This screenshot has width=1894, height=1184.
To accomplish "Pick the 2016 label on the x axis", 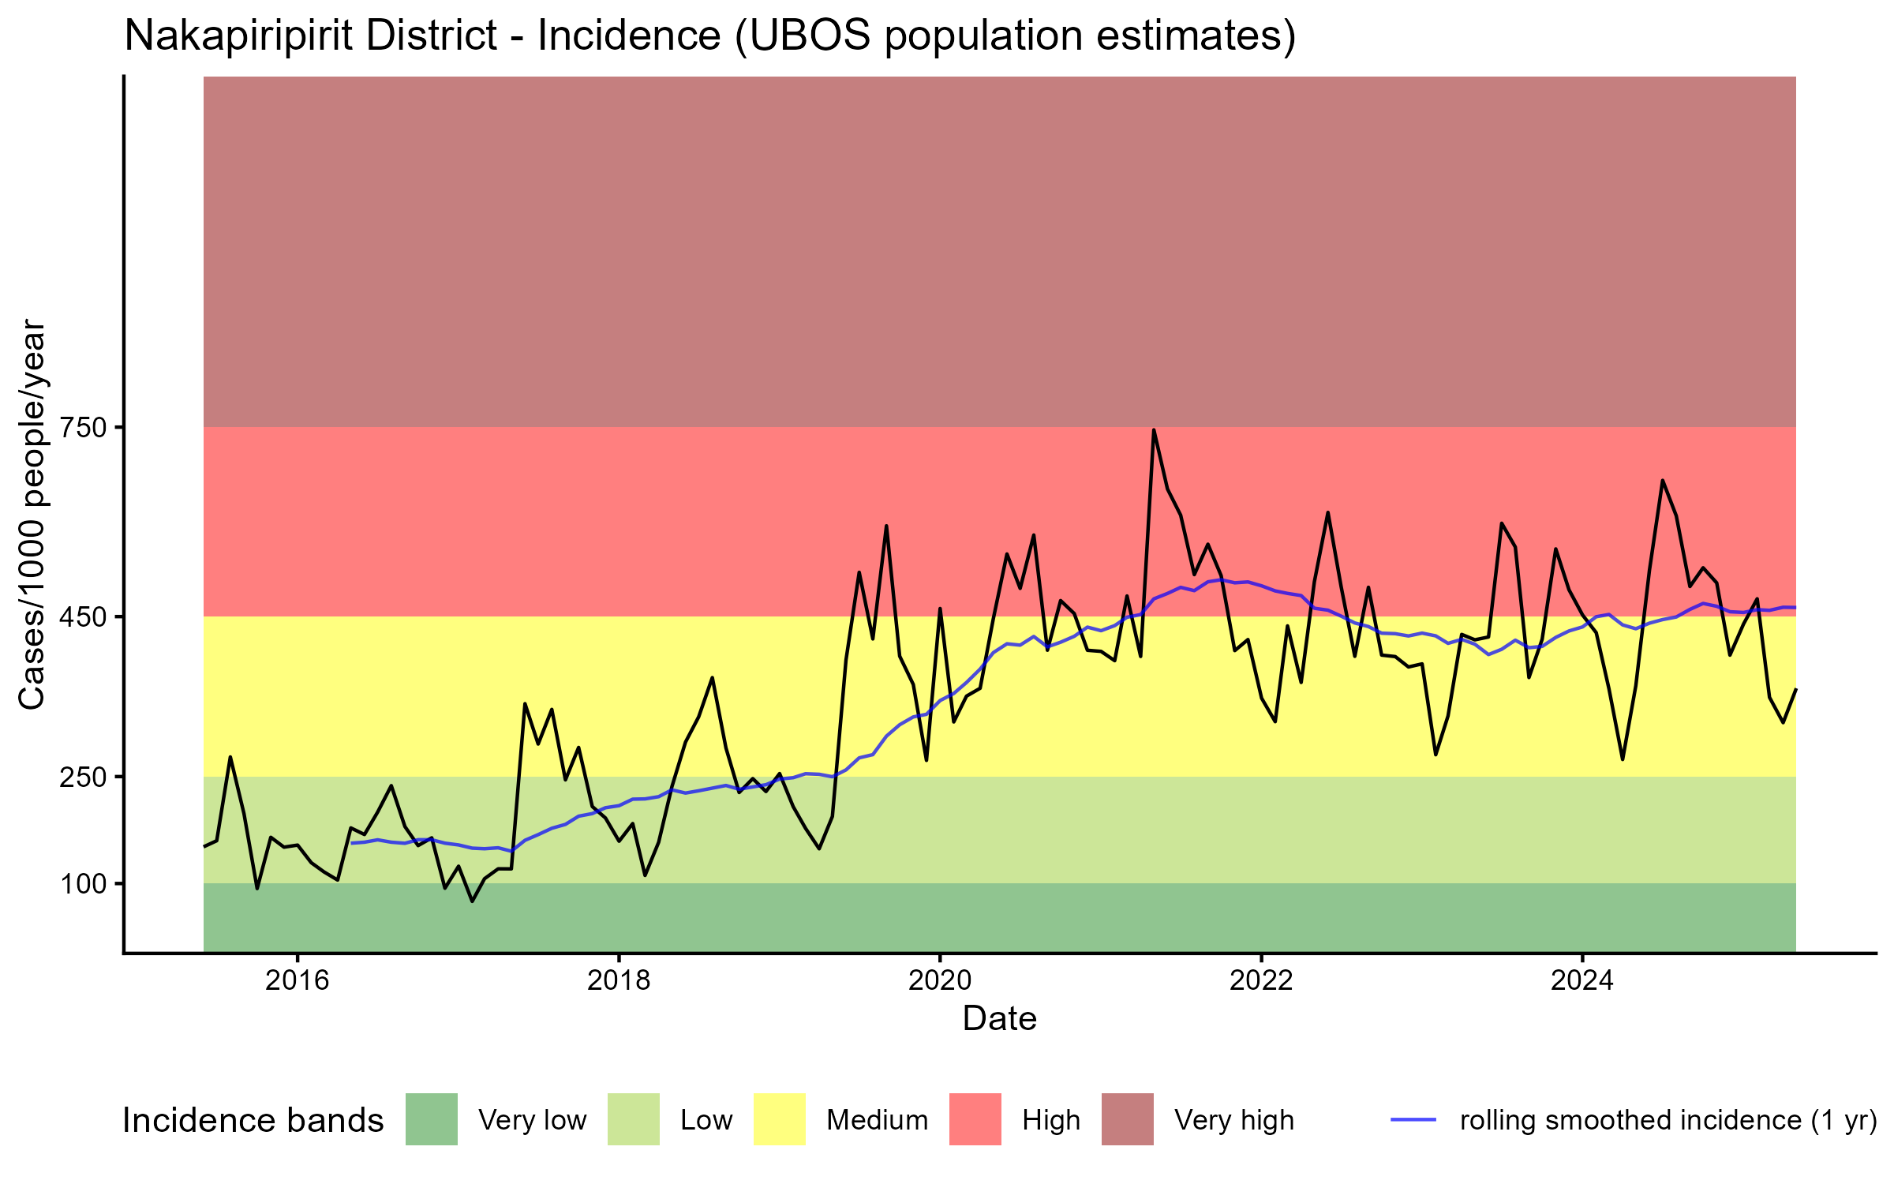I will (x=297, y=980).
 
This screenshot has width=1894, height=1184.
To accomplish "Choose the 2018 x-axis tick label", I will (x=619, y=980).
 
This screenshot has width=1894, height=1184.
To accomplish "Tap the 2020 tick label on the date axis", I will (x=940, y=980).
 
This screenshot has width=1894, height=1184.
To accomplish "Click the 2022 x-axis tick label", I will (x=1261, y=980).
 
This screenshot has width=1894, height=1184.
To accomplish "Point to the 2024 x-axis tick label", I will (x=1582, y=980).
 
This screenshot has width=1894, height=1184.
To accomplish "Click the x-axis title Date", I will (x=999, y=1019).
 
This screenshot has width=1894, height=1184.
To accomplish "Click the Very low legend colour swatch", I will (x=431, y=1119).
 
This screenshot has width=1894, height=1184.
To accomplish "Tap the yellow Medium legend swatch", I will (x=780, y=1119).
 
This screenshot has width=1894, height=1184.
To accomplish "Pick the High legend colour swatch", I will (x=975, y=1119).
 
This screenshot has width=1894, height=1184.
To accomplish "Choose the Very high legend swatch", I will (x=1127, y=1119).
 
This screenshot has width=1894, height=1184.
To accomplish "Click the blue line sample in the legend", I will (x=1413, y=1119).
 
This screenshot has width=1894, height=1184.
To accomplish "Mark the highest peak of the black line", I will (x=1154, y=430).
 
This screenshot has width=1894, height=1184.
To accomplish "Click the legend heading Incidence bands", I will (x=253, y=1121).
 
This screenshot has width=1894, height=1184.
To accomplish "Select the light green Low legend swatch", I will (x=633, y=1119).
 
